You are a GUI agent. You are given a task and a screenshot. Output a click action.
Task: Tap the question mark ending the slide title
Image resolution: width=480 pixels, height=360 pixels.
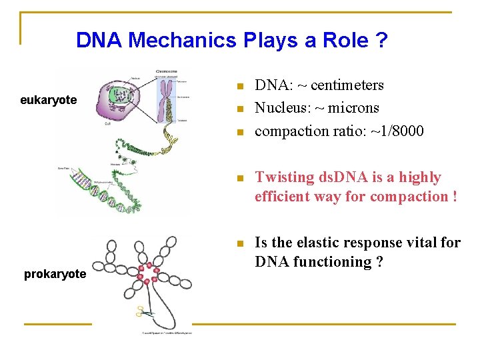click(381, 41)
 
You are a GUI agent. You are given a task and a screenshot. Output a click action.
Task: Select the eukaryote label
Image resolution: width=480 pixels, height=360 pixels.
click(48, 100)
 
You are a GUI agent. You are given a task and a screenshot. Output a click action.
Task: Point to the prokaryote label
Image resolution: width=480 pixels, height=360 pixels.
click(55, 274)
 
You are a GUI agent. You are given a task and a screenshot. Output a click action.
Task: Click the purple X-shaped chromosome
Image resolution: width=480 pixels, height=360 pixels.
click(164, 97)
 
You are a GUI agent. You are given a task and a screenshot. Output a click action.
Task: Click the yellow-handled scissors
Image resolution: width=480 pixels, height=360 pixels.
click(142, 311)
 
